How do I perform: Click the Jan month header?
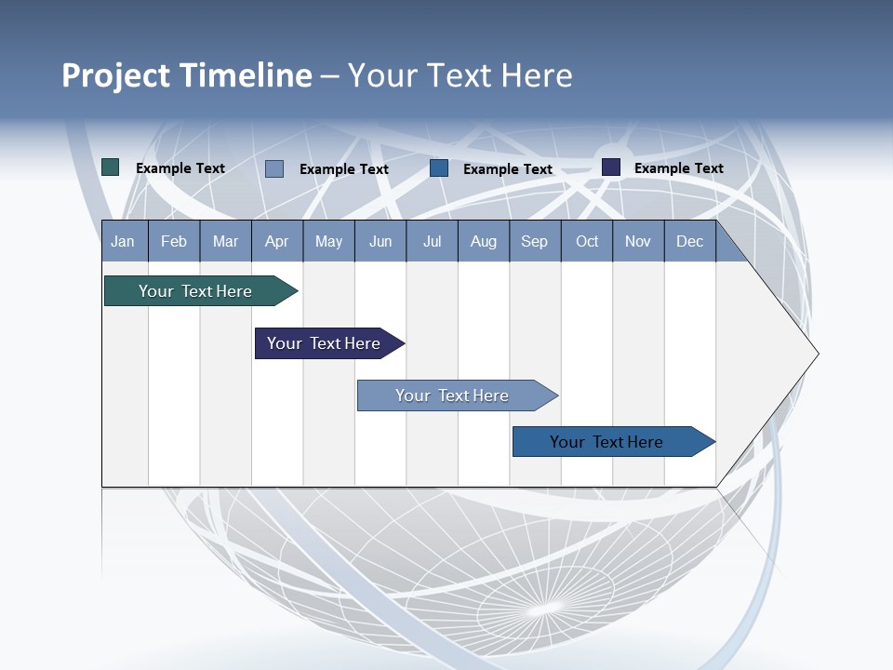click(x=124, y=241)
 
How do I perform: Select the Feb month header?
click(x=174, y=241)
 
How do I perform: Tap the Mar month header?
click(x=225, y=241)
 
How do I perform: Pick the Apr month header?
click(x=276, y=241)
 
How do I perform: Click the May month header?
click(x=328, y=241)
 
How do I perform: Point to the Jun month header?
click(x=380, y=241)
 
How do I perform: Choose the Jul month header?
click(x=432, y=241)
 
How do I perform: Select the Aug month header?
click(x=483, y=241)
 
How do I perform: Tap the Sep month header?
click(x=534, y=241)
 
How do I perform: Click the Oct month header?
click(x=587, y=241)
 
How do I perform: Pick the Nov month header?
click(x=638, y=241)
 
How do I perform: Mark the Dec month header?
click(x=689, y=241)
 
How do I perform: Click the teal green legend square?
click(x=111, y=167)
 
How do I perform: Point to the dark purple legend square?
click(x=611, y=167)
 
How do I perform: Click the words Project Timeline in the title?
click(x=187, y=75)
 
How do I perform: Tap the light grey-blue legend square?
click(x=274, y=168)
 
